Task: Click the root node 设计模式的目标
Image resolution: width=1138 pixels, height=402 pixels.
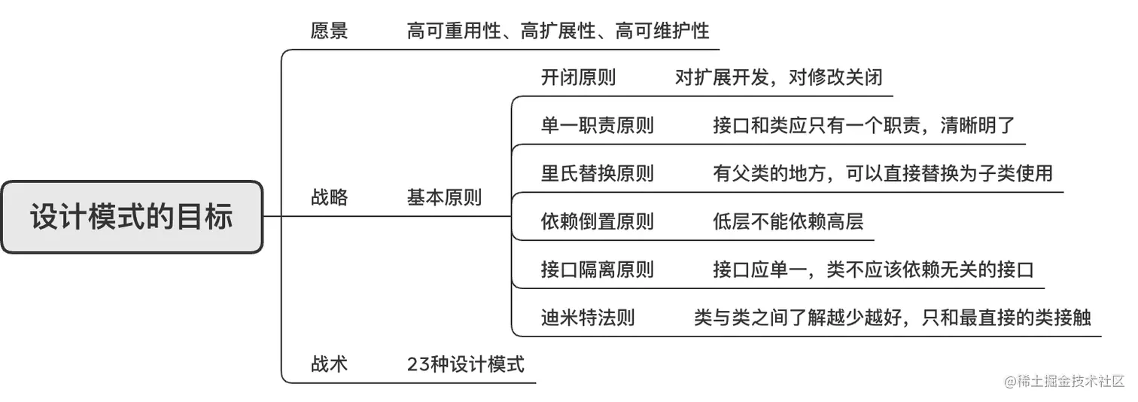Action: tap(132, 217)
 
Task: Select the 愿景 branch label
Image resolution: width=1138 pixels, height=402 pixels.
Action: tap(329, 32)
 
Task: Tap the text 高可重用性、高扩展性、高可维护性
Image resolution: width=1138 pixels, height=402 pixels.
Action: tap(558, 32)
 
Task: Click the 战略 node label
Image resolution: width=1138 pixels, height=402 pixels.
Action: tap(329, 198)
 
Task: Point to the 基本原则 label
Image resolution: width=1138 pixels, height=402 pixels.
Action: tap(444, 198)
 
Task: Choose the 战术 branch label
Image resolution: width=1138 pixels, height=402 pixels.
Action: tap(329, 365)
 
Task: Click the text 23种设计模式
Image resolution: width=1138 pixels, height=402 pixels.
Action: tap(465, 365)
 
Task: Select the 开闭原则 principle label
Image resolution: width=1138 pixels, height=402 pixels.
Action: tap(578, 78)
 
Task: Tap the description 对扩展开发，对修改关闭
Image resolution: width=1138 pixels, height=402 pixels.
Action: tap(778, 78)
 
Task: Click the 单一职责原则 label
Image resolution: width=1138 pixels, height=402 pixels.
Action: tap(597, 126)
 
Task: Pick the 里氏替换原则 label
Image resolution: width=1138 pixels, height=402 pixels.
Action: tap(597, 174)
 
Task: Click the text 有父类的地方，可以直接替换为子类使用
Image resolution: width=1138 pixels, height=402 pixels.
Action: tap(882, 174)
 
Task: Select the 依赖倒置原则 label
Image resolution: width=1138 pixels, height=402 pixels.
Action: tap(597, 222)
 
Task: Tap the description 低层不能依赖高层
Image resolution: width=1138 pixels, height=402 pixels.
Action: tap(788, 222)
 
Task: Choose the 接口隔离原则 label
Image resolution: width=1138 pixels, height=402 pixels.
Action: tap(597, 270)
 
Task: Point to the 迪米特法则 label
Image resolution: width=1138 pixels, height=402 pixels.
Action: tap(587, 318)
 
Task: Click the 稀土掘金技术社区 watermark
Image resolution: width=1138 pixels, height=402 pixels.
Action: tap(1063, 381)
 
